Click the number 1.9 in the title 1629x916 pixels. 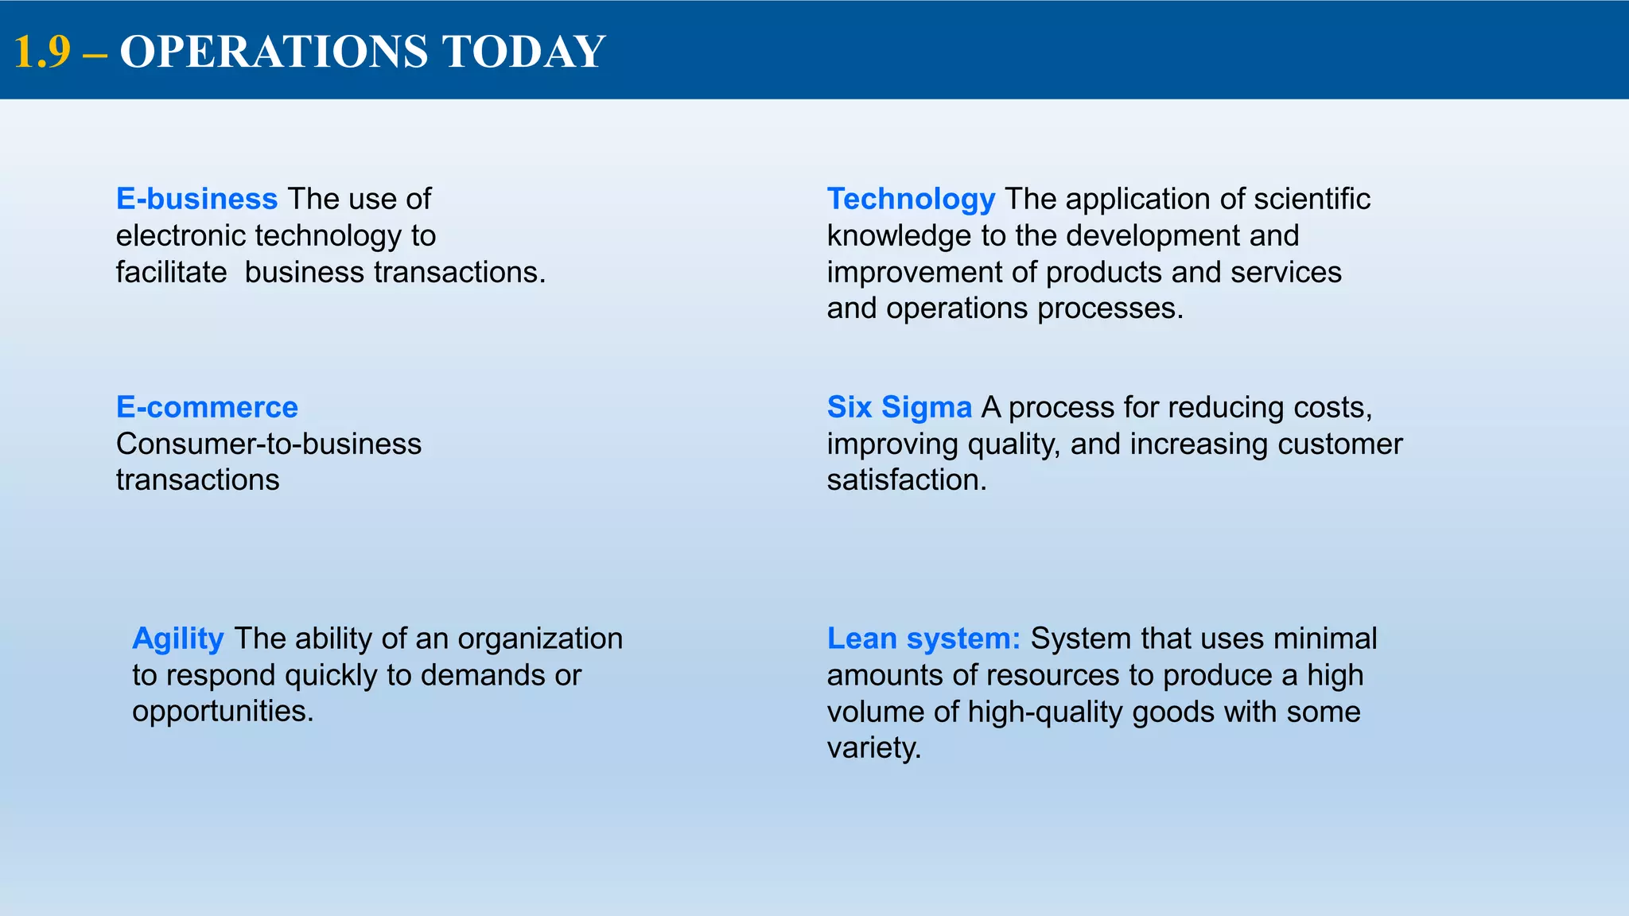pos(42,52)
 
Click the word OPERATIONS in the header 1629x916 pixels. pos(274,52)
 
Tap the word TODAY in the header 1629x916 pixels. pos(523,52)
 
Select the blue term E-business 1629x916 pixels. pos(196,199)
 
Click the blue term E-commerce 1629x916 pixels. pos(207,407)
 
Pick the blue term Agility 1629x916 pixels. pos(178,638)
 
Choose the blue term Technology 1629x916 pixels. pos(911,199)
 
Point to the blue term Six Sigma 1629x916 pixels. pos(899,407)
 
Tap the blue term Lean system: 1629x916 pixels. pos(923,638)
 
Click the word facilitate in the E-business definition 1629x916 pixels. pos(171,272)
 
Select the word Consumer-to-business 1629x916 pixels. pos(269,444)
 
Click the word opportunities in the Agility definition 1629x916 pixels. pos(223,711)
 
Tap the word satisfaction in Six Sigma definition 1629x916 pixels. pos(906,480)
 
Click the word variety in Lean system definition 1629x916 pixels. pos(873,748)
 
